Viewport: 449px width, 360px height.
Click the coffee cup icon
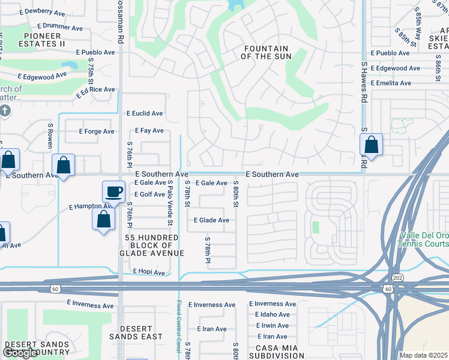coord(113,192)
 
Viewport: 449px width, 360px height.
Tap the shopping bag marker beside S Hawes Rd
coord(372,145)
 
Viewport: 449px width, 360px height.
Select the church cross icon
coord(5,110)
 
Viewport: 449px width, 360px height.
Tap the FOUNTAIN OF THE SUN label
coord(266,52)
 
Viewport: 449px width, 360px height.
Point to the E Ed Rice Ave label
coord(95,92)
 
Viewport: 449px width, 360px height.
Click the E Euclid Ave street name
coord(144,113)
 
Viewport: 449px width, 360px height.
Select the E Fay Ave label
coord(149,130)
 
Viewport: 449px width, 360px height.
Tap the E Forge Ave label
coord(97,131)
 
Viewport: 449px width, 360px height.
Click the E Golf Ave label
coord(149,194)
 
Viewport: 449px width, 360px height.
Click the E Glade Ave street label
coord(211,220)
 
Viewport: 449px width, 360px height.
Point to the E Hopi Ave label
coord(148,272)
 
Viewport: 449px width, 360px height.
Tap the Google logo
coord(21,353)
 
